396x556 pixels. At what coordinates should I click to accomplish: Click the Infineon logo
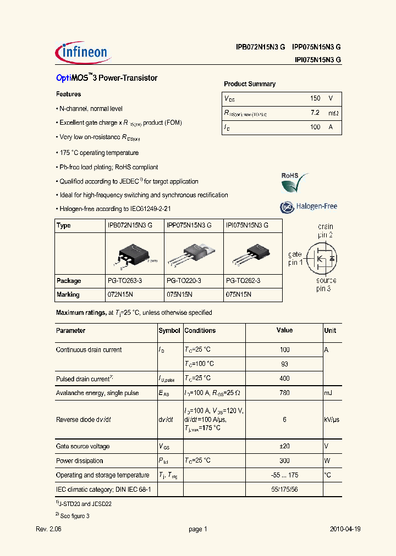[x=83, y=53]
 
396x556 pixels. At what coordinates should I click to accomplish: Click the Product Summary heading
[x=250, y=84]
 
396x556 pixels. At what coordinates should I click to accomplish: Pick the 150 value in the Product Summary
[x=315, y=98]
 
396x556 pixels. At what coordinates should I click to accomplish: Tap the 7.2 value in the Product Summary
[x=315, y=113]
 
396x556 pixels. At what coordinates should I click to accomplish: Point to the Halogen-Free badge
[x=308, y=207]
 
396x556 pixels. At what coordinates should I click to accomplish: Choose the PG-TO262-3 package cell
[x=243, y=281]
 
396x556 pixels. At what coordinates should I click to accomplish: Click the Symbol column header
[x=169, y=331]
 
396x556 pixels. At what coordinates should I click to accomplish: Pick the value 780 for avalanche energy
[x=284, y=393]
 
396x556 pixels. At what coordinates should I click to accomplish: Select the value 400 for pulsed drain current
[x=284, y=379]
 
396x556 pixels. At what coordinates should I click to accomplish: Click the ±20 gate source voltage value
[x=284, y=446]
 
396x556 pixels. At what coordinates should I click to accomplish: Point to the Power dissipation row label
[x=79, y=461]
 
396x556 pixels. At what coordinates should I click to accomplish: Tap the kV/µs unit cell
[x=332, y=420]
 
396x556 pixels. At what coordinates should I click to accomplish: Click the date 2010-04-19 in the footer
[x=345, y=529]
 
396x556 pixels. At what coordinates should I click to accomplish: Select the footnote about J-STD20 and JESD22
[x=87, y=504]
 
